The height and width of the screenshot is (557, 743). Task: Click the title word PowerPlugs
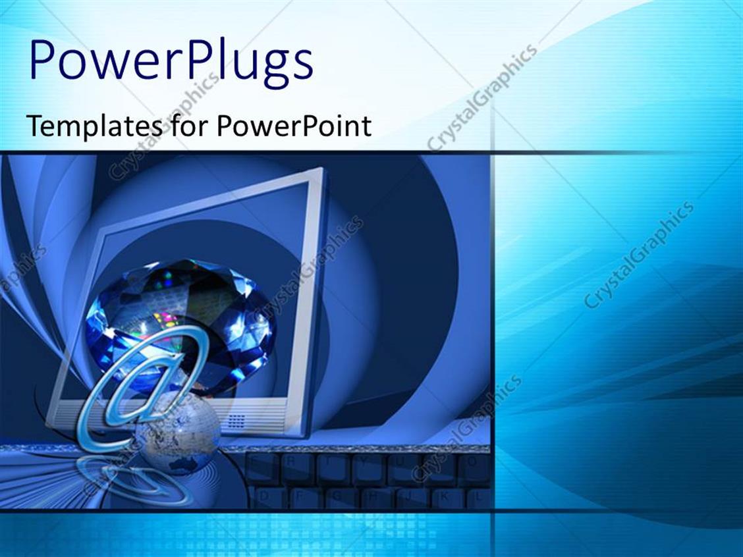click(x=171, y=62)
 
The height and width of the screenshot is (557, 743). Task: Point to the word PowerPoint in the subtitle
click(x=294, y=125)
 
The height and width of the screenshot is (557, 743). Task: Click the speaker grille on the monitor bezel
click(x=236, y=421)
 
